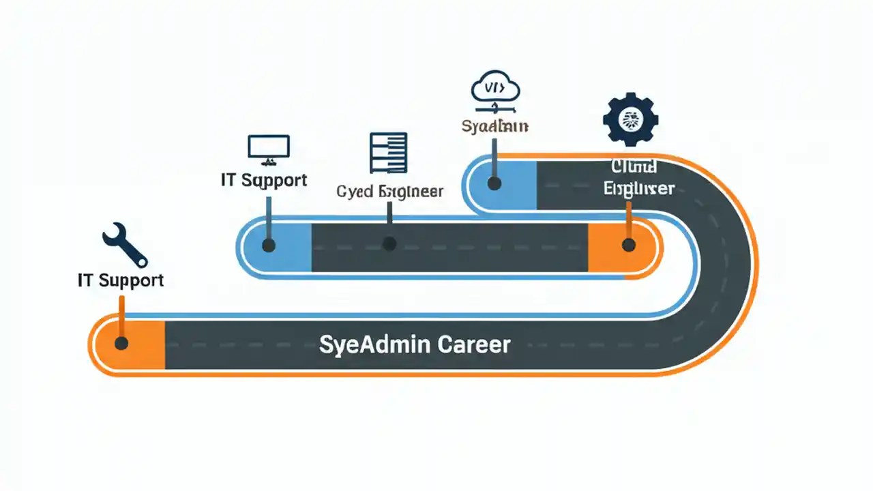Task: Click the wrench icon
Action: pos(125,244)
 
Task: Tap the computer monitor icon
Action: pos(268,149)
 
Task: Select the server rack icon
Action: pos(388,153)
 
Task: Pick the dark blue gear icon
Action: pos(630,119)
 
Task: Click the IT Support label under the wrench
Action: pos(121,280)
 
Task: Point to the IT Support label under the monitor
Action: pos(264,180)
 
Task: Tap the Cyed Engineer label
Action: pos(389,192)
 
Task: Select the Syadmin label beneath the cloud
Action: pos(494,127)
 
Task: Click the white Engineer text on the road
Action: pos(639,188)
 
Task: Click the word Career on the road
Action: pos(473,344)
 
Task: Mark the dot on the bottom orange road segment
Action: pos(121,343)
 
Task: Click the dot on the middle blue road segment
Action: pos(269,245)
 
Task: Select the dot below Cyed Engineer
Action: pos(389,243)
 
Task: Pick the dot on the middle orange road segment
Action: pos(628,244)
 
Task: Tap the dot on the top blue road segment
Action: pos(494,183)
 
